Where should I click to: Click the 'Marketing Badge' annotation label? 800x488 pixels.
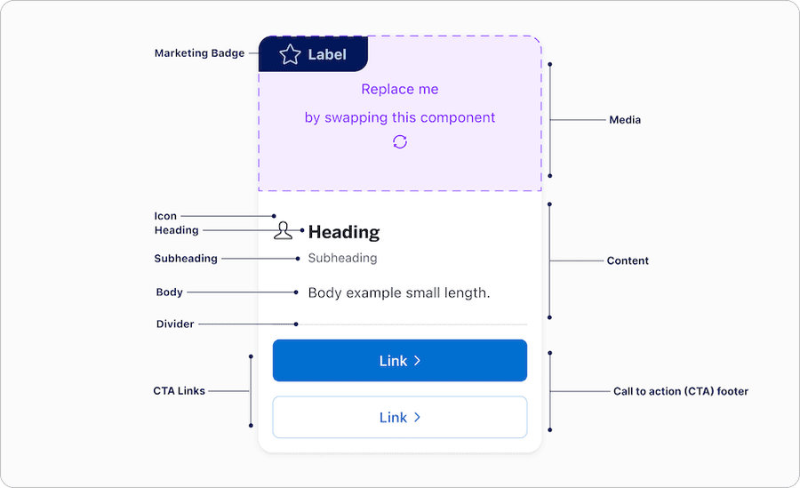tap(199, 53)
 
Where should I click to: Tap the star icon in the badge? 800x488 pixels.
tap(290, 55)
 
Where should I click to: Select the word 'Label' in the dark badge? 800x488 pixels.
tap(327, 55)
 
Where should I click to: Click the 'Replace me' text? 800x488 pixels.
tap(399, 89)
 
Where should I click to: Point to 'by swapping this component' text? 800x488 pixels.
tap(399, 117)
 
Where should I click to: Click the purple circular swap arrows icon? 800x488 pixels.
tap(399, 142)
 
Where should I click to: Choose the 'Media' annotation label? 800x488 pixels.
tap(624, 120)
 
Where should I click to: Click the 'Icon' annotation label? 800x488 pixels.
tap(165, 216)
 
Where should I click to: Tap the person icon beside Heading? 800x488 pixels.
tap(283, 232)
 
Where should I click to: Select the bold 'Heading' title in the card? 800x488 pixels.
tap(343, 232)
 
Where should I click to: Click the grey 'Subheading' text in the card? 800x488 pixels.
tap(342, 259)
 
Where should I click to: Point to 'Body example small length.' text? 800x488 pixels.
tap(398, 292)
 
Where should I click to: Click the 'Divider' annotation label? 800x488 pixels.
tap(174, 324)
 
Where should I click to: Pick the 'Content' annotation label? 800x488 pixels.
tap(628, 261)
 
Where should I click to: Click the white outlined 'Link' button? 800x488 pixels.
tap(399, 417)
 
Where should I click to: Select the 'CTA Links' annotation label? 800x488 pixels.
tap(180, 391)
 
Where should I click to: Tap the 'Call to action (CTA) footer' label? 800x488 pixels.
tap(680, 391)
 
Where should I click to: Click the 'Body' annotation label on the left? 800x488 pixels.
tap(169, 292)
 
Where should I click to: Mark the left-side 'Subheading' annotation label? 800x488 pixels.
tap(186, 259)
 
